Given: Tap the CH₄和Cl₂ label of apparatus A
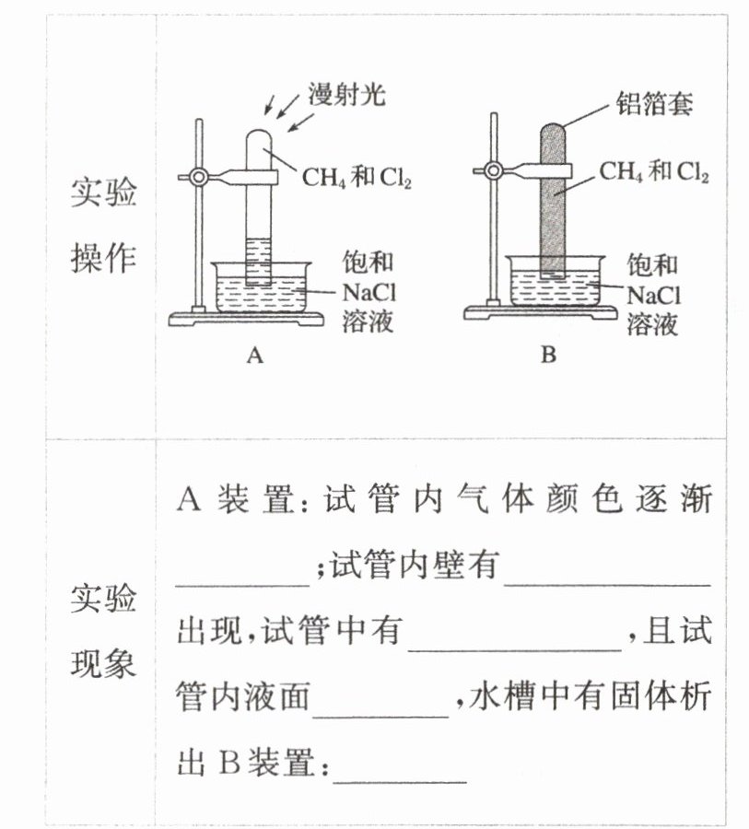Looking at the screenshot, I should (357, 177).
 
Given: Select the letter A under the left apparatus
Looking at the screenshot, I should (255, 356).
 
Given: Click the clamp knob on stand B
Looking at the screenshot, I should (494, 170).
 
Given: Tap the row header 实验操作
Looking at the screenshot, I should (103, 227).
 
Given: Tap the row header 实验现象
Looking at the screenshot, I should (103, 631).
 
